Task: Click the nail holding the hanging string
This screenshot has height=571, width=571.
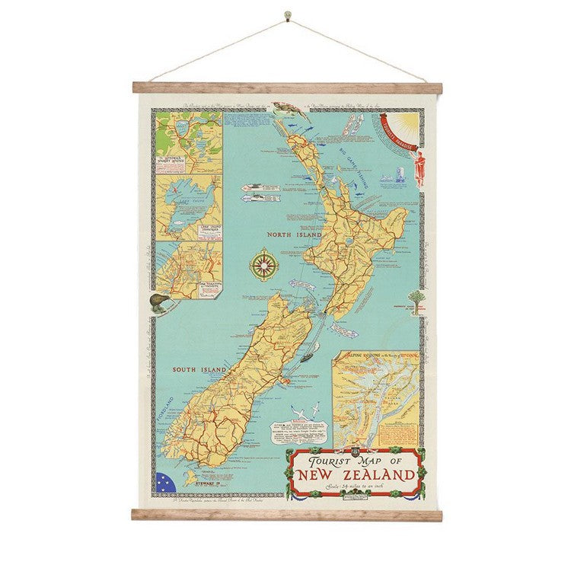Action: (287, 14)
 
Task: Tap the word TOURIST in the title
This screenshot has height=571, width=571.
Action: (332, 461)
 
